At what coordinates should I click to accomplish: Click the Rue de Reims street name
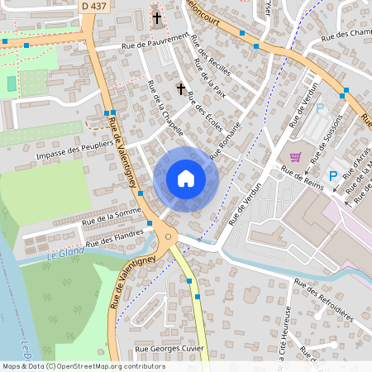click(x=301, y=175)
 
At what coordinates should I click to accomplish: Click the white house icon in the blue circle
click(x=186, y=178)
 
